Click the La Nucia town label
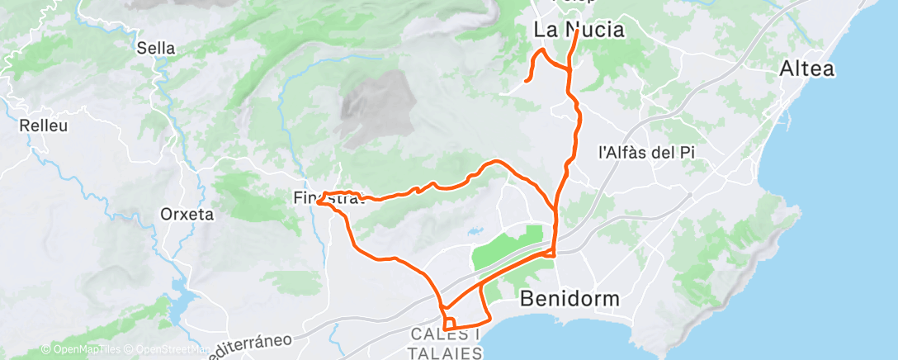[578, 31]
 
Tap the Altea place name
[806, 69]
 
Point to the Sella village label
[157, 49]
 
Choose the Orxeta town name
[187, 215]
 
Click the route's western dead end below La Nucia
[526, 81]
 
